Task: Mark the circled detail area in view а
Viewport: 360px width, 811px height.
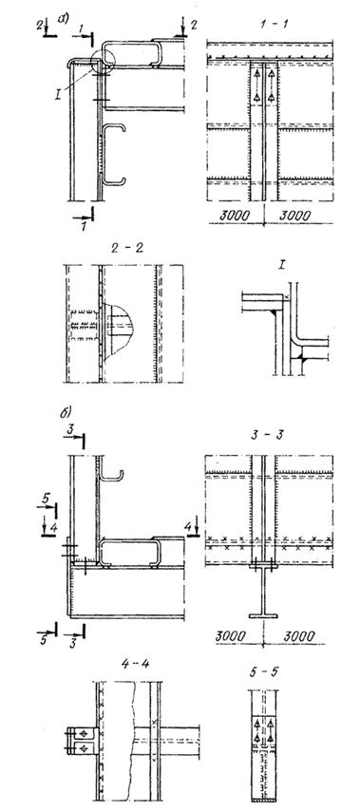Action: click(x=102, y=64)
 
